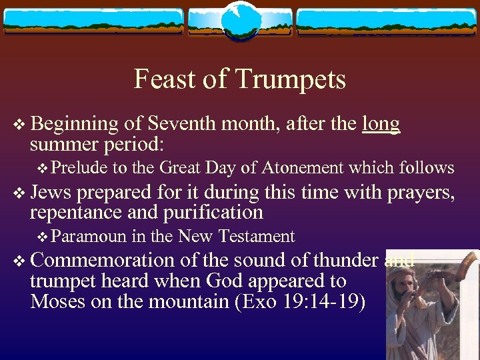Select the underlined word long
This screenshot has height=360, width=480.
coord(381,124)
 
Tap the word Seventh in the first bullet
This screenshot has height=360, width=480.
coord(183,124)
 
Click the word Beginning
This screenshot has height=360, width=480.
coord(74,124)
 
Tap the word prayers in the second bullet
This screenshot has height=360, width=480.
coord(419,192)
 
